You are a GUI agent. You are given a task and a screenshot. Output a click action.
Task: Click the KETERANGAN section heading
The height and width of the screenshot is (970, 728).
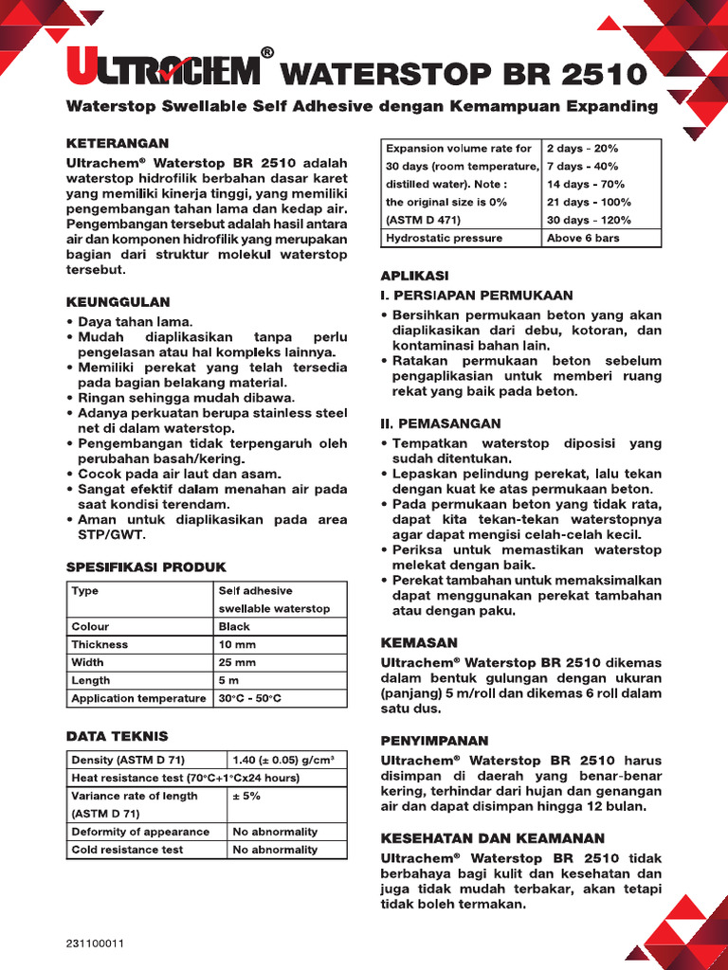click(x=117, y=143)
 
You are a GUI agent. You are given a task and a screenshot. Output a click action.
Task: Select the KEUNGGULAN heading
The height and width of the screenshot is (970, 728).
click(x=118, y=302)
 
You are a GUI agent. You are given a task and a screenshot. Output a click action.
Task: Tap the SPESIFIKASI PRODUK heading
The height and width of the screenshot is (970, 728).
click(x=140, y=566)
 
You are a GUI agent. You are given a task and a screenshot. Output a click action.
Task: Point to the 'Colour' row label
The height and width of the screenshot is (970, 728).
click(x=90, y=626)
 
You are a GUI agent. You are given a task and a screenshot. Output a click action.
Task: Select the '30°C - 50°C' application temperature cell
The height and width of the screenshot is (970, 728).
click(x=250, y=698)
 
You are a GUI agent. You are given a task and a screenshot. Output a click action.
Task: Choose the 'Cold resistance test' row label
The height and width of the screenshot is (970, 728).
click(x=127, y=850)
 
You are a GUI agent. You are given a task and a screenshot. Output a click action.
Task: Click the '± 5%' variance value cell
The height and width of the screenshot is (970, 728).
click(x=247, y=796)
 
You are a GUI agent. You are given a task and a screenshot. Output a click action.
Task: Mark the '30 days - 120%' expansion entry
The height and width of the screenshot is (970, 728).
click(x=589, y=220)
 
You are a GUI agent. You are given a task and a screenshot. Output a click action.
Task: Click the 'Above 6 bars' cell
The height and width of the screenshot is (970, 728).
click(x=583, y=238)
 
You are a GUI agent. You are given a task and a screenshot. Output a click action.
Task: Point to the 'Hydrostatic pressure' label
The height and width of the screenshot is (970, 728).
click(x=444, y=238)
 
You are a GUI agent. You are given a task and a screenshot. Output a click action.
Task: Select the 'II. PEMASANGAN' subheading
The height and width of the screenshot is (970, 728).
click(x=441, y=423)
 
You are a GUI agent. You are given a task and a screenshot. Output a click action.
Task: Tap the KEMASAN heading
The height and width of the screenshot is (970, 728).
click(x=419, y=642)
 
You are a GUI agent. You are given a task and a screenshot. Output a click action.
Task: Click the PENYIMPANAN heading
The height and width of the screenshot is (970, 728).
click(x=434, y=740)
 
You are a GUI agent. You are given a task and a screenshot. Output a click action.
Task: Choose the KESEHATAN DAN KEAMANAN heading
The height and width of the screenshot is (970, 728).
click(x=492, y=838)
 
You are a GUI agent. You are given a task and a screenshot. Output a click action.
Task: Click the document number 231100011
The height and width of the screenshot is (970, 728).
click(x=96, y=943)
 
